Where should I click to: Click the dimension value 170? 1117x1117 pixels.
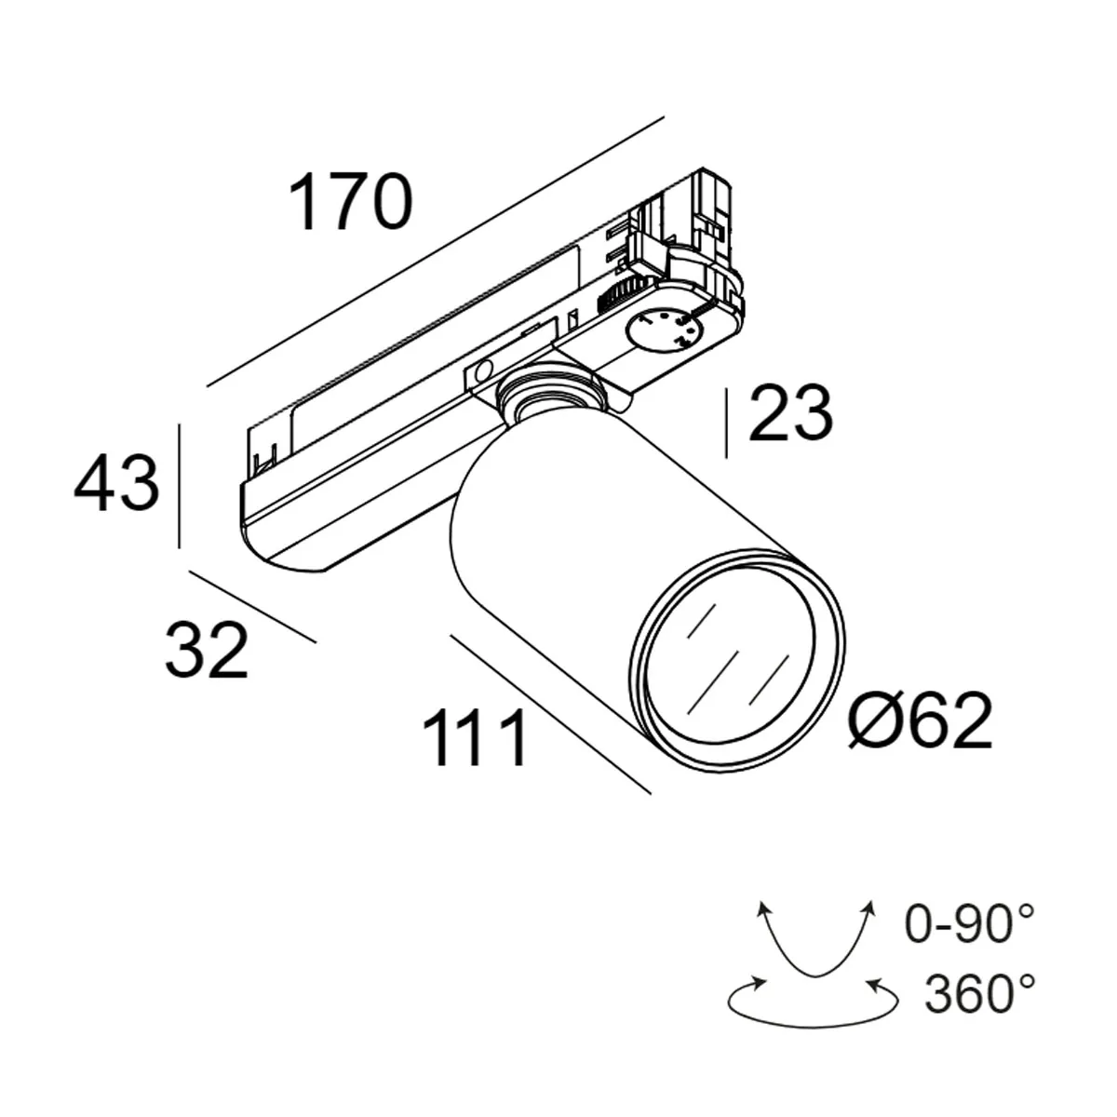coord(350,203)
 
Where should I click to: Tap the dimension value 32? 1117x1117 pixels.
coord(207,650)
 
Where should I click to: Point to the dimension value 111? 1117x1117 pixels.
coord(476,738)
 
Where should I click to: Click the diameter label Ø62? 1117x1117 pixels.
coord(921,721)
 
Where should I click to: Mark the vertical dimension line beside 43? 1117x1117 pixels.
coord(178,485)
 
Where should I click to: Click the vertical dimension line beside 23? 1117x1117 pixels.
coord(726,424)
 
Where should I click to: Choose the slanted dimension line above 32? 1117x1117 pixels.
coord(252,606)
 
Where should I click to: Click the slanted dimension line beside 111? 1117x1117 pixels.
coord(549,714)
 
